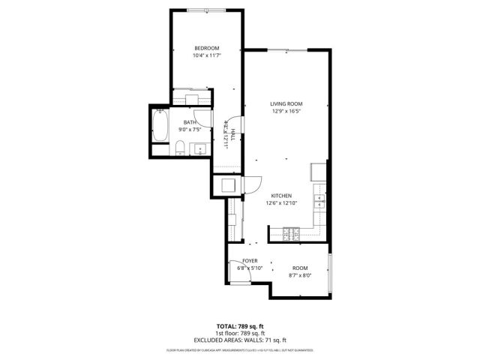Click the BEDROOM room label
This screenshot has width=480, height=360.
point(206,49)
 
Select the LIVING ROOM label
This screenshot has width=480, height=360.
point(286,104)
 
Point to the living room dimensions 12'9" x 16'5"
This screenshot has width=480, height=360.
point(286,112)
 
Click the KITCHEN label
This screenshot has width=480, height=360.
point(281,196)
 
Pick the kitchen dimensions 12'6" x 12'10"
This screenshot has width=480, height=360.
point(281,203)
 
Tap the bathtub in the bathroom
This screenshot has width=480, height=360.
point(160,126)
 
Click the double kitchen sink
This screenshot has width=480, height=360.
point(320,200)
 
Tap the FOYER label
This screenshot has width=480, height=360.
point(250,260)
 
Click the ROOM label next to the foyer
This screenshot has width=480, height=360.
point(300,268)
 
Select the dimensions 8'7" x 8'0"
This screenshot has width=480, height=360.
point(300,275)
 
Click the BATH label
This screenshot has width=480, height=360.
point(190,121)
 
